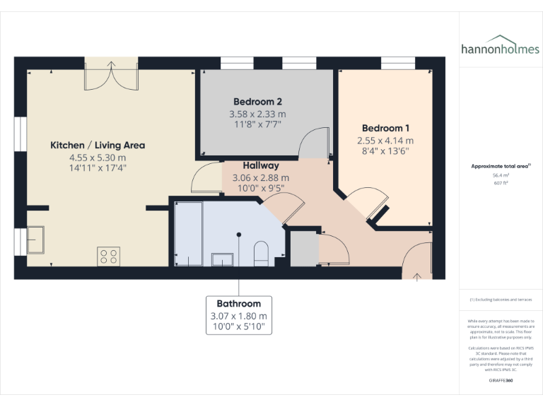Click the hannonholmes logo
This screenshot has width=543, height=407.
tap(500, 49)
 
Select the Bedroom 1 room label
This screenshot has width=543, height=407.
tap(385, 128)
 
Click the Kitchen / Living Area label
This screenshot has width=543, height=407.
tap(98, 145)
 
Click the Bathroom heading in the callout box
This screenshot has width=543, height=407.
tap(238, 304)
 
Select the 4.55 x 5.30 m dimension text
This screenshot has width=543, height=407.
tap(98, 158)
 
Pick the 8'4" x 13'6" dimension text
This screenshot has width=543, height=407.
tap(385, 151)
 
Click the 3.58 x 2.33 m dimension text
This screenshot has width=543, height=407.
tap(257, 114)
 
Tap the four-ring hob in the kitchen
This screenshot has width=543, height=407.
tap(109, 256)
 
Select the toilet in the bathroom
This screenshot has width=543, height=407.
tap(260, 253)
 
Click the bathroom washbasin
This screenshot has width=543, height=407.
tap(223, 259)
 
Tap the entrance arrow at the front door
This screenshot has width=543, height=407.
tap(417, 276)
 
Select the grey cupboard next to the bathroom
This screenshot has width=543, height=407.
tap(304, 249)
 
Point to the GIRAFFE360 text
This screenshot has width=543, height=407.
tap(501, 380)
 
